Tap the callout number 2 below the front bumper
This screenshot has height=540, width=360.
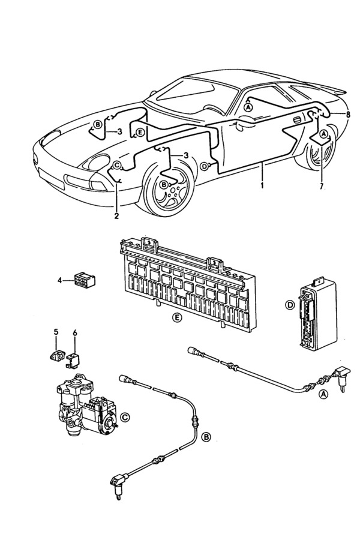point(116,215)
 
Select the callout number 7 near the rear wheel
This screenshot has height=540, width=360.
point(322,187)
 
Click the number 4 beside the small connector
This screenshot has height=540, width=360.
point(60,280)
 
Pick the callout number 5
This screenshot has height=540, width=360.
point(56,332)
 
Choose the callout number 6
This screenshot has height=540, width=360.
point(75,332)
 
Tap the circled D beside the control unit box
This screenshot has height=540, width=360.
point(289,305)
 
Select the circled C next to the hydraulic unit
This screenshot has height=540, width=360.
point(125,416)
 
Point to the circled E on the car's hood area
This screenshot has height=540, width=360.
point(139,132)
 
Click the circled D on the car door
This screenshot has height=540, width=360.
point(205,166)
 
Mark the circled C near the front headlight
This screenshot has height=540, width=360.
point(117,164)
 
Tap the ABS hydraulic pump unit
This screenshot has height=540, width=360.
point(84,408)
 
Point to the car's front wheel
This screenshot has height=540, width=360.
point(165,195)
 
